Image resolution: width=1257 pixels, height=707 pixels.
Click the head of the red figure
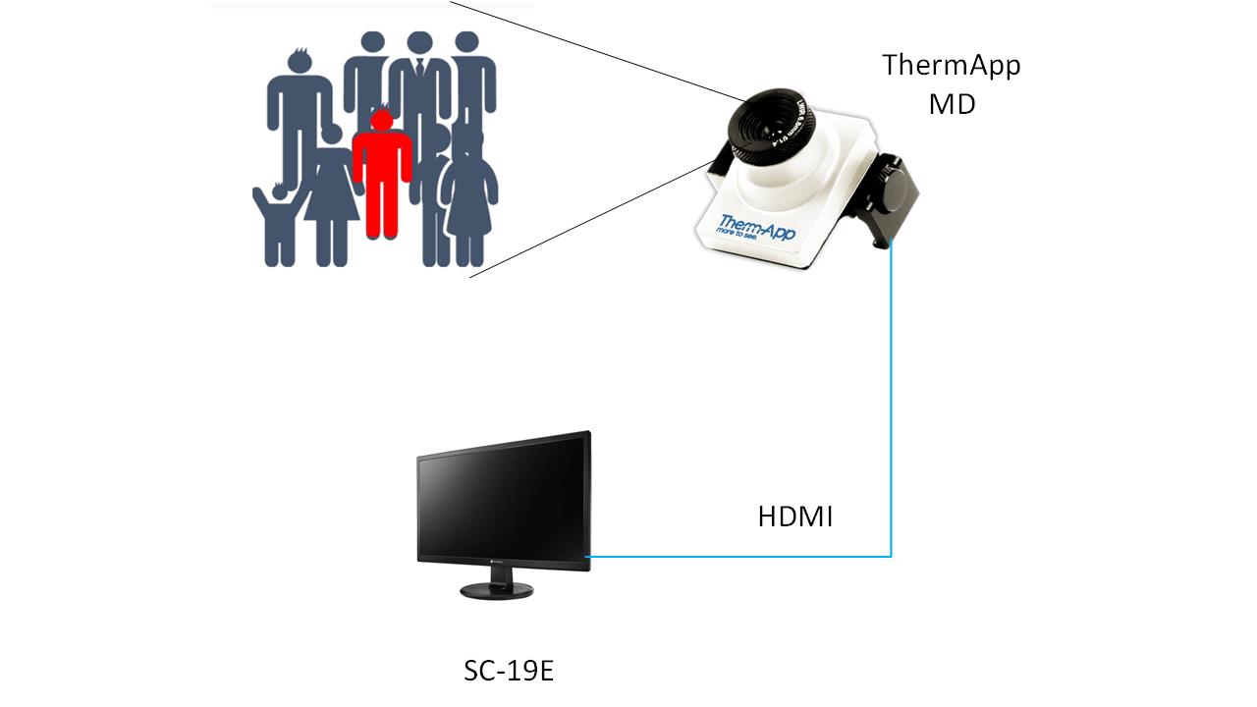381,120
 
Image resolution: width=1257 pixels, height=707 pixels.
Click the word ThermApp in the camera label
951,66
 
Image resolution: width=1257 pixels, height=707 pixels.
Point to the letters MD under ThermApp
952,103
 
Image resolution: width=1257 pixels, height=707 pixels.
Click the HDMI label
794,517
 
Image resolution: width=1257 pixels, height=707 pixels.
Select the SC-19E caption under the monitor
509,672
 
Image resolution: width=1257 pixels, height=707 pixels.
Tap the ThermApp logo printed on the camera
757,225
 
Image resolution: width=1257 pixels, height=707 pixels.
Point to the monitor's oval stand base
497,589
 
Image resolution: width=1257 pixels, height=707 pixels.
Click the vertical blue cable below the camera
891,393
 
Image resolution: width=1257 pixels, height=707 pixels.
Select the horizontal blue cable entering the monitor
737,557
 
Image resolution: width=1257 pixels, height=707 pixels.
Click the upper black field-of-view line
589,49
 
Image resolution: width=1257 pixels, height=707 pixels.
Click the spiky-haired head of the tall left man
299,61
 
